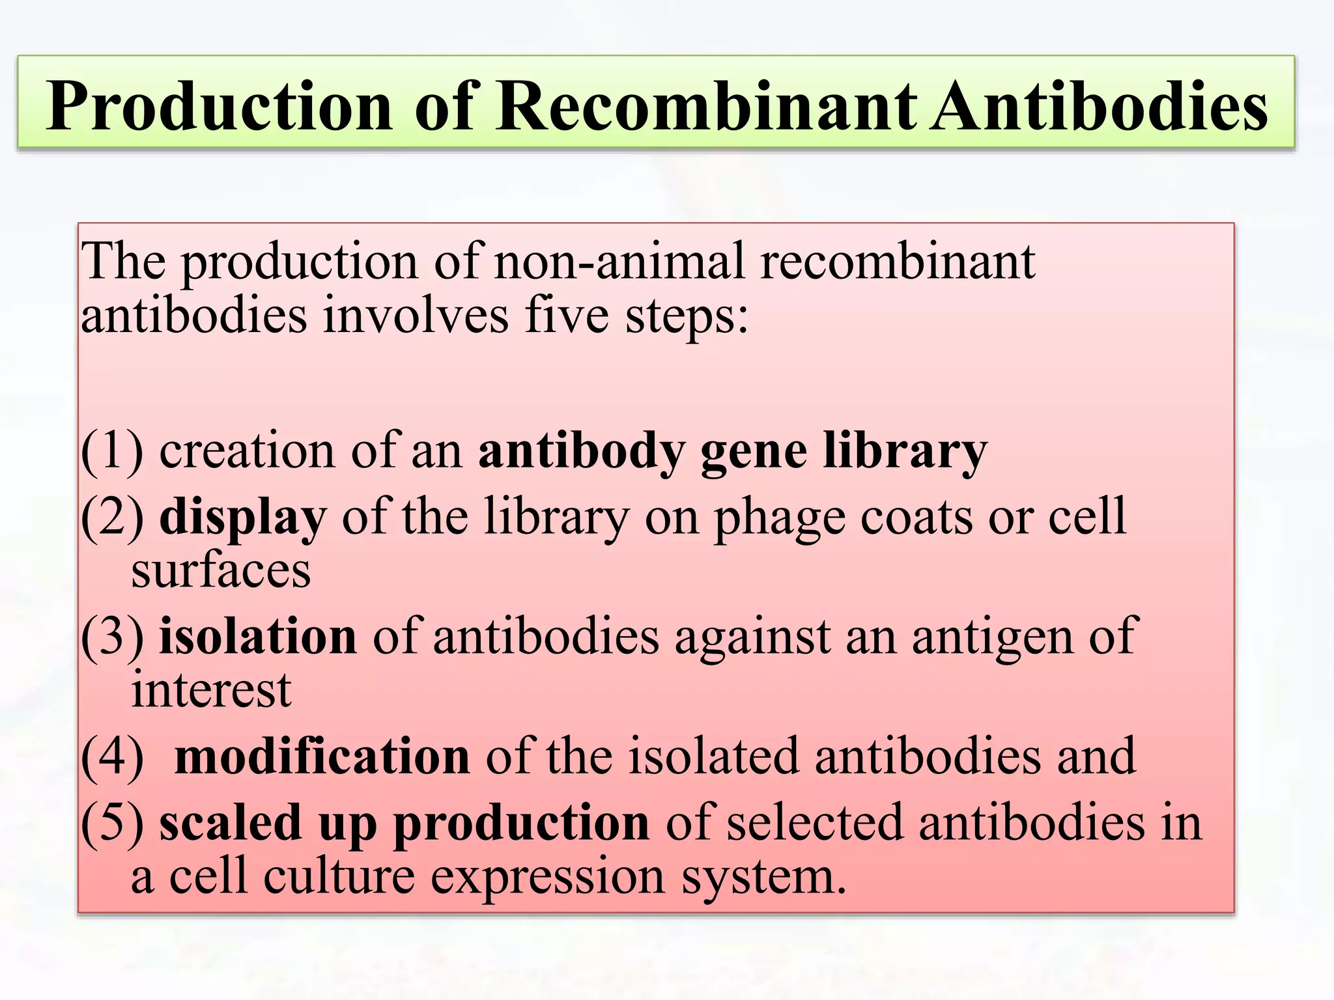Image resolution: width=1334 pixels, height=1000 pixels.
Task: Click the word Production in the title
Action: click(x=220, y=105)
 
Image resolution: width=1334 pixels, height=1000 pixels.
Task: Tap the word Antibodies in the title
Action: click(x=1098, y=105)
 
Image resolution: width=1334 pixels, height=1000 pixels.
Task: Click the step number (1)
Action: click(x=112, y=451)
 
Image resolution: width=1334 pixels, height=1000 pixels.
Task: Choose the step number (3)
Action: click(x=112, y=636)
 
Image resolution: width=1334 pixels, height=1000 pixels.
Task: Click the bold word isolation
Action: click(x=258, y=636)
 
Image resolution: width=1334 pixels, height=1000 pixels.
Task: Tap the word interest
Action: click(x=211, y=690)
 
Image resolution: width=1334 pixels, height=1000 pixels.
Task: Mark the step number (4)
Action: click(x=112, y=757)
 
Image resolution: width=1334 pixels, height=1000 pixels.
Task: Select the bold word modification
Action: click(x=322, y=757)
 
